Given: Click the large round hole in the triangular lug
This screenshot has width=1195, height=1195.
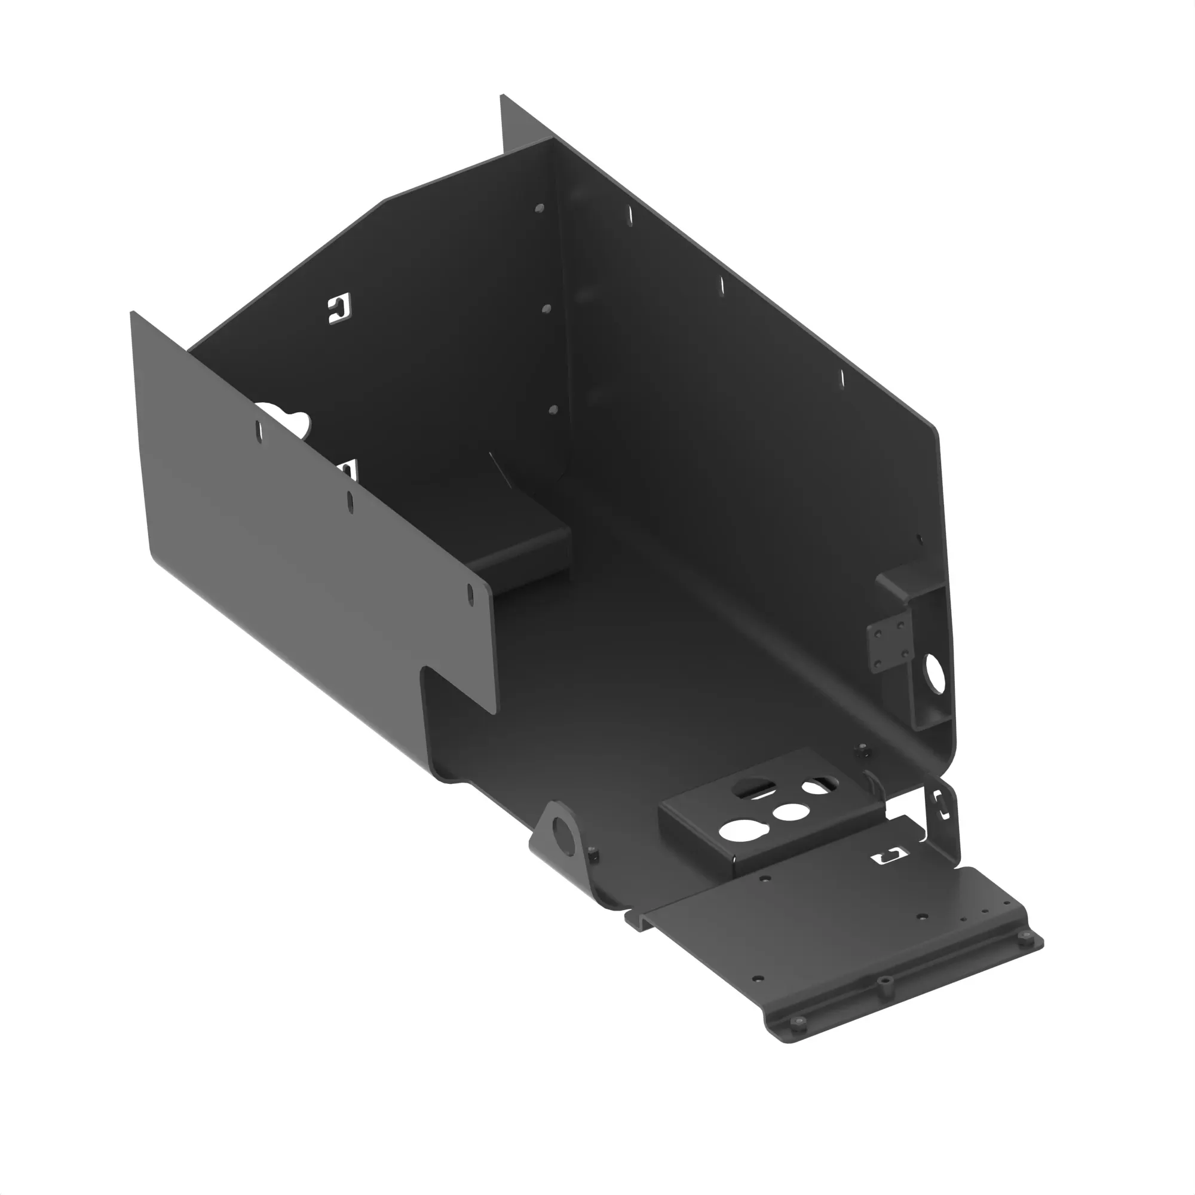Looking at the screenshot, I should click(x=562, y=829).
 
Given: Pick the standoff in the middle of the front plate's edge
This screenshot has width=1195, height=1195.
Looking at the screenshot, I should click(x=884, y=982).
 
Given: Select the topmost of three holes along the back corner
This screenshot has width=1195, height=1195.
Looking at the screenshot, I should click(x=540, y=209).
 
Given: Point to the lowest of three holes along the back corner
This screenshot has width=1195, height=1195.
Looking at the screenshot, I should click(x=553, y=409).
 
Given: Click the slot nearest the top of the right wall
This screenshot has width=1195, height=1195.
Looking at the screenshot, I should click(x=630, y=215).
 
